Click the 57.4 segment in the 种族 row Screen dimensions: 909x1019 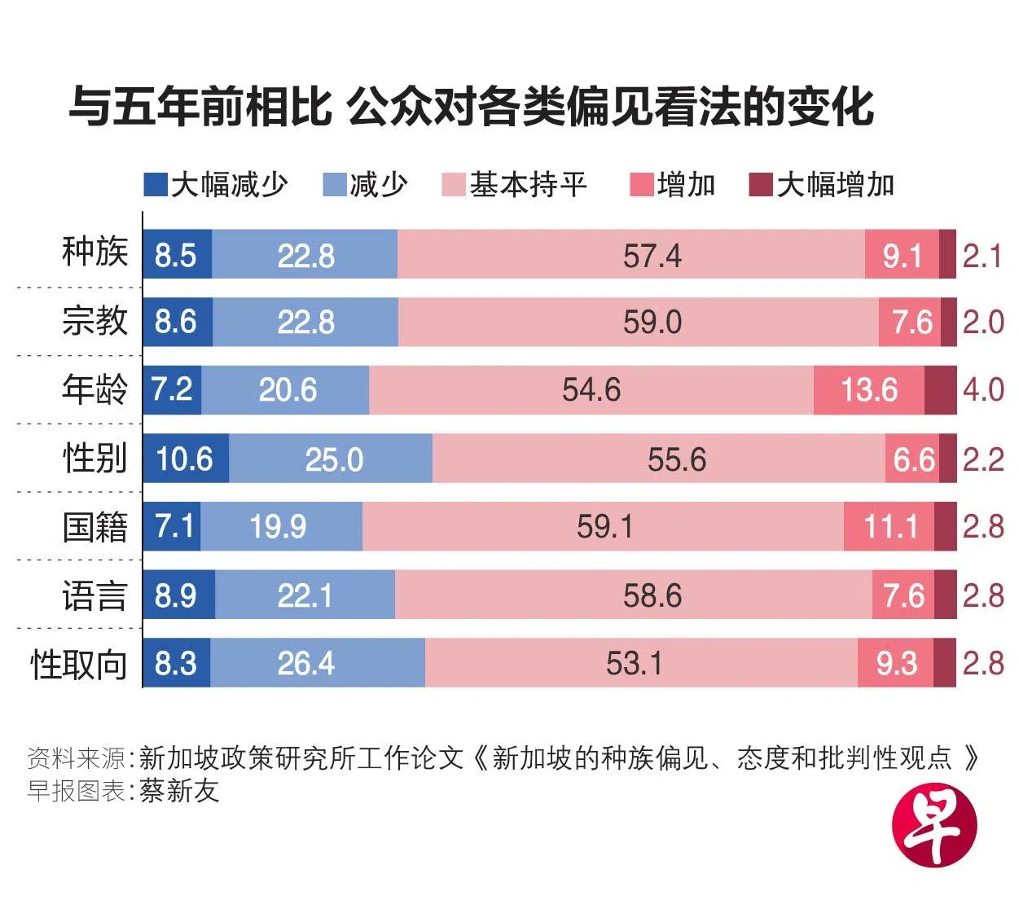pyautogui.click(x=631, y=255)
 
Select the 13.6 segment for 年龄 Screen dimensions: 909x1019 pyautogui.click(x=868, y=390)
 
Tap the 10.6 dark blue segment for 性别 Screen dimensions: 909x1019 pyautogui.click(x=186, y=459)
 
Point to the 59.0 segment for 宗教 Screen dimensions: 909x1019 pyautogui.click(x=639, y=323)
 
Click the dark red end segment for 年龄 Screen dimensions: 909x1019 pyautogui.click(x=940, y=390)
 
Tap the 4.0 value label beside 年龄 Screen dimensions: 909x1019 pyautogui.click(x=983, y=390)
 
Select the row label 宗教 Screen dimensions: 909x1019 pyautogui.click(x=95, y=321)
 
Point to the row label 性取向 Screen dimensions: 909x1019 pyautogui.click(x=79, y=665)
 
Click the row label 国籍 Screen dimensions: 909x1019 pyautogui.click(x=95, y=528)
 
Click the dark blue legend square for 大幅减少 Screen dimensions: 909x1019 pyautogui.click(x=155, y=185)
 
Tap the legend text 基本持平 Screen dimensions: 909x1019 pyautogui.click(x=528, y=185)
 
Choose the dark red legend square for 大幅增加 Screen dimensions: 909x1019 pyautogui.click(x=760, y=185)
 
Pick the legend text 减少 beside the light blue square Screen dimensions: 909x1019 pyautogui.click(x=379, y=185)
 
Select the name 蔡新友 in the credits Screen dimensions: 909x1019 pyautogui.click(x=179, y=790)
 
